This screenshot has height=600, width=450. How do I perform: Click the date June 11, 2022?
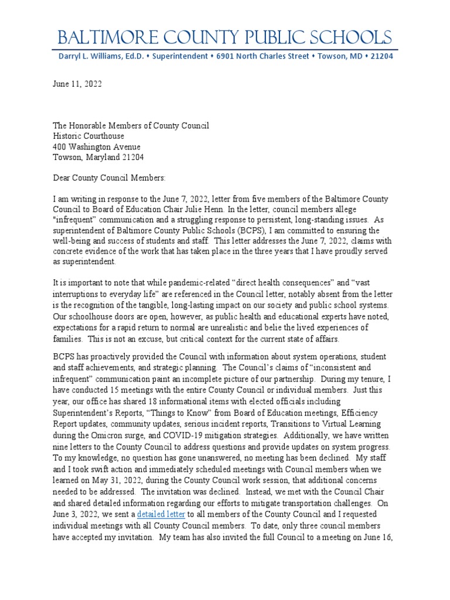tap(77, 84)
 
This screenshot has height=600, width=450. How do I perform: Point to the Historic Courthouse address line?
tap(88, 136)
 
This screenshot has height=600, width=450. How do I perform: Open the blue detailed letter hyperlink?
tap(161, 514)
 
